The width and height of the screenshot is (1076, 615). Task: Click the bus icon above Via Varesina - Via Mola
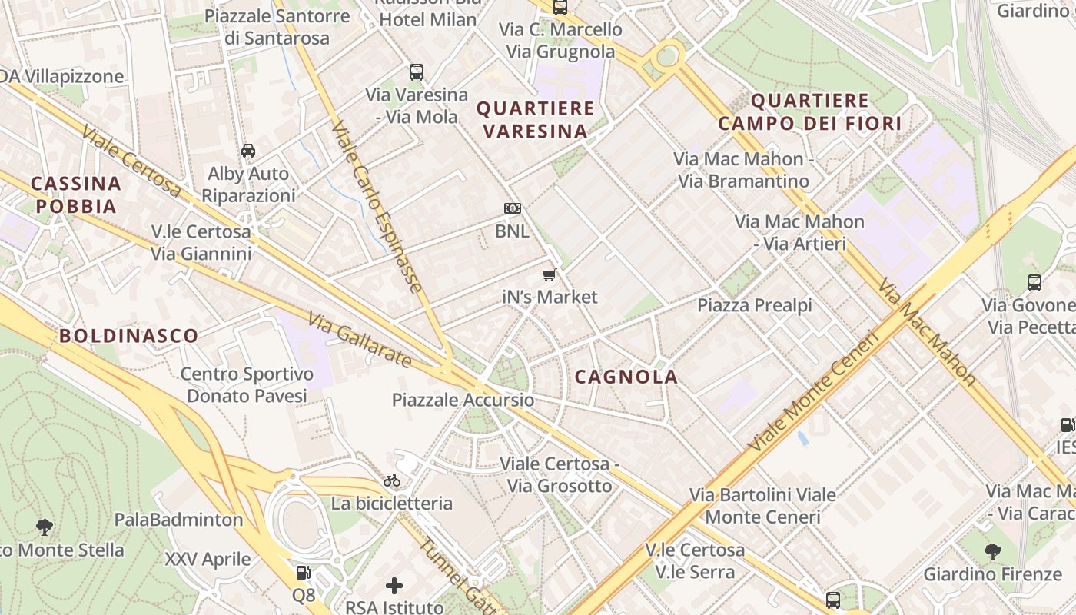[x=416, y=72]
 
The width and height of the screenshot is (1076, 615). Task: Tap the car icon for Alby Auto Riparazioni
[x=248, y=151]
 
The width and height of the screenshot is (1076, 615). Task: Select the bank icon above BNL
[x=513, y=208]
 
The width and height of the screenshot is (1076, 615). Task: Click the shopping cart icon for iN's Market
[x=549, y=274]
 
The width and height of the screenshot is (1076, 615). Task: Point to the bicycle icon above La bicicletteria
[x=392, y=481]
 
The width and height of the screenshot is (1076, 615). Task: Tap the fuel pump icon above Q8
[x=304, y=573]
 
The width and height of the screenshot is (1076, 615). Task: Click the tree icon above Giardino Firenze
[x=993, y=551]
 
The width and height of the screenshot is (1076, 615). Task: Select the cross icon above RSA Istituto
[x=394, y=587]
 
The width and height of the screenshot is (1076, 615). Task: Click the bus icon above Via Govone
[x=1034, y=282]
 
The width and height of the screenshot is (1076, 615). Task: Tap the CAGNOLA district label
[x=626, y=377]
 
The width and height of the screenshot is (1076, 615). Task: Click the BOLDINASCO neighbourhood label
[x=129, y=335]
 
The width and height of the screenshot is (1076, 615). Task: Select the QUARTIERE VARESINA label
[x=536, y=119]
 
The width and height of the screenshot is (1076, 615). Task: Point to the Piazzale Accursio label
[x=463, y=400]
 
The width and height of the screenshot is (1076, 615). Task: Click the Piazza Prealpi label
[x=754, y=305]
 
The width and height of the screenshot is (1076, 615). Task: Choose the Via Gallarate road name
[x=360, y=340]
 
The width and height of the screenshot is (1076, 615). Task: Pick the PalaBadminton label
[x=179, y=520]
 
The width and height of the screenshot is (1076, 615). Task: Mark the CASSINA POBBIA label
[x=76, y=194]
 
